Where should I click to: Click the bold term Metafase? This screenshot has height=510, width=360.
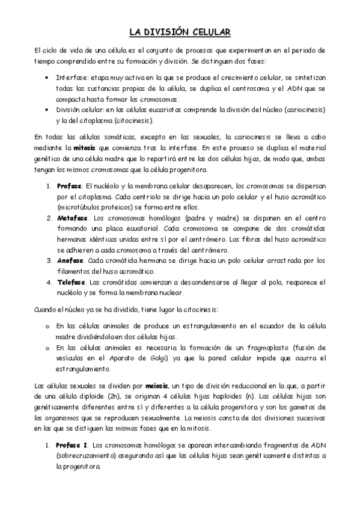(73, 217)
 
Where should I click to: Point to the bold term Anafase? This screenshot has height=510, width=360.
(71, 260)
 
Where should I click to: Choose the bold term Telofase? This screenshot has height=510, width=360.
(72, 282)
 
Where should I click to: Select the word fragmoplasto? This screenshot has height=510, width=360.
(267, 348)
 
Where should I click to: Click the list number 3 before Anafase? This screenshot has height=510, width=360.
(49, 260)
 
